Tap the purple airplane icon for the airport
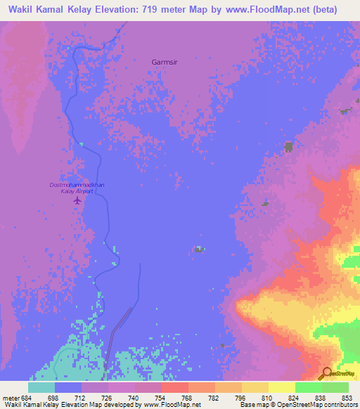(77, 201)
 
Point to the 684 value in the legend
(27, 398)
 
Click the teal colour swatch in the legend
(41, 387)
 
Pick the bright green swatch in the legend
(309, 387)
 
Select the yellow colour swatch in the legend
(282, 387)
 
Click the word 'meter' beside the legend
(10, 398)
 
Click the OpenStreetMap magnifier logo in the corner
(328, 372)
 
